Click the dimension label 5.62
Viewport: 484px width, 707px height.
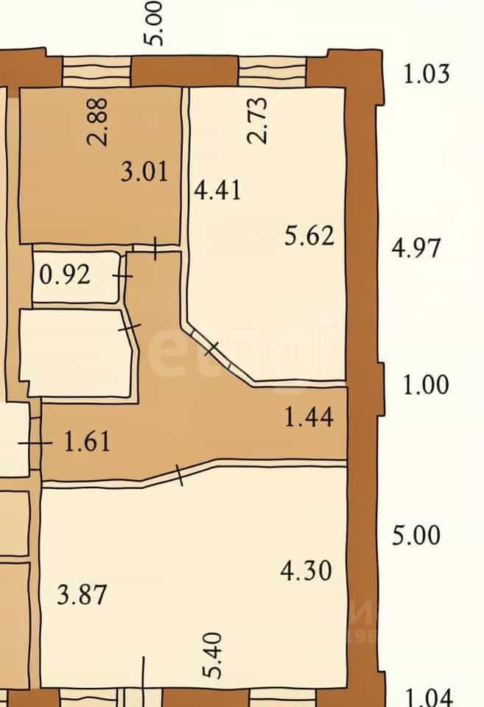pos(309,236)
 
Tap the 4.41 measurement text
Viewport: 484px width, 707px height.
pos(217,190)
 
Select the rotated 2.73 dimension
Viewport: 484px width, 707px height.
pos(258,120)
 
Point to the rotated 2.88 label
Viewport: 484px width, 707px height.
pos(97,122)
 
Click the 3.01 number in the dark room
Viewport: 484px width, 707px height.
pos(144,172)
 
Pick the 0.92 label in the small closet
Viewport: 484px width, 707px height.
pos(65,275)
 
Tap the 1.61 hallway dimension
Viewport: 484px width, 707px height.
pos(87,442)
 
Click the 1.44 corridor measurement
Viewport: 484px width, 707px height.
pos(309,417)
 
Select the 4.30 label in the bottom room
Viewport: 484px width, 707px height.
pos(306,571)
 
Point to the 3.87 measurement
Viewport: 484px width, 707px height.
pos(82,595)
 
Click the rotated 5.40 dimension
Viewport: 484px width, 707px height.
pos(212,655)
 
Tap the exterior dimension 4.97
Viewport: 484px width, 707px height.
pos(415,248)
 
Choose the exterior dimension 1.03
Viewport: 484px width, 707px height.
pos(427,74)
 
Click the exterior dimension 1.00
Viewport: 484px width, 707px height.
pos(425,385)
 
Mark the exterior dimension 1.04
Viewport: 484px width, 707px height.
pos(427,698)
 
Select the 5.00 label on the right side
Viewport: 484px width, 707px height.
pos(416,535)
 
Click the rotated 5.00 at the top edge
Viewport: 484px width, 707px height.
pos(154,23)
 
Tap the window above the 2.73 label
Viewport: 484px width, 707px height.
pos(272,71)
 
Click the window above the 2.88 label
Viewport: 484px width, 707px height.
pos(97,71)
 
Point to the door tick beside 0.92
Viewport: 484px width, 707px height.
pos(122,275)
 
